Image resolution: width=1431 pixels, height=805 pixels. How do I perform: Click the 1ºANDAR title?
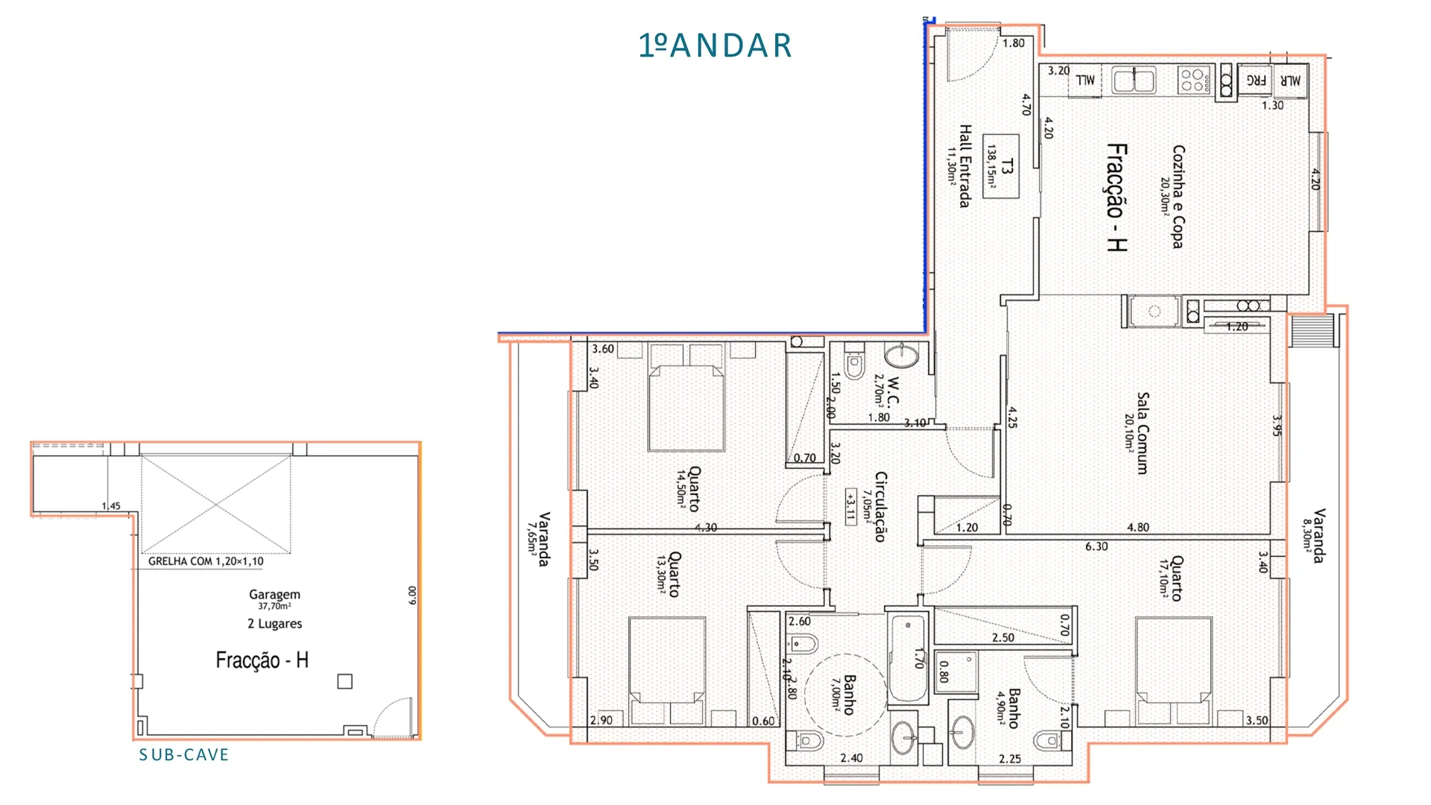pyautogui.click(x=715, y=45)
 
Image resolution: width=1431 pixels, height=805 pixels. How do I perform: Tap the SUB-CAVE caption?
pyautogui.click(x=184, y=755)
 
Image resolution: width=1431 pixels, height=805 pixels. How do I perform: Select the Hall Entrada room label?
pyautogui.click(x=965, y=166)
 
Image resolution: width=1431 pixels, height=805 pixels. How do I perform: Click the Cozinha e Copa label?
pyautogui.click(x=1178, y=197)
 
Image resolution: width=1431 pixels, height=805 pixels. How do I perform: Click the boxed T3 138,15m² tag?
pyautogui.click(x=1001, y=166)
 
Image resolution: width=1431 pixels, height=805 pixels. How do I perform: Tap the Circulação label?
pyautogui.click(x=880, y=506)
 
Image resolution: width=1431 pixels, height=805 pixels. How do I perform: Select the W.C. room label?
pyautogui.click(x=894, y=391)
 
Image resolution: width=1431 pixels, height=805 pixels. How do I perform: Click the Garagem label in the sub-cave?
pyautogui.click(x=274, y=594)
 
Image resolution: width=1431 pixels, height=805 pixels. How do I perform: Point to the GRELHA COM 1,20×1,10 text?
pyautogui.click(x=206, y=561)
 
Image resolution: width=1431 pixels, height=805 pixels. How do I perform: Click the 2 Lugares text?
pyautogui.click(x=275, y=623)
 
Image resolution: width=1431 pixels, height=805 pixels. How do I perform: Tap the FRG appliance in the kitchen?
pyautogui.click(x=1257, y=80)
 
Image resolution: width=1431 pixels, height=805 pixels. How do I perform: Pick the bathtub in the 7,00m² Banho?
pyautogui.click(x=907, y=658)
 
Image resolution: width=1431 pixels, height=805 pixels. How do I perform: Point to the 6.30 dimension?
pyautogui.click(x=1096, y=546)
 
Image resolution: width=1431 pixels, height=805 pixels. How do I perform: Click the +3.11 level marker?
pyautogui.click(x=850, y=507)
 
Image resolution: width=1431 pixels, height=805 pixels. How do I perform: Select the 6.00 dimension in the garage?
pyautogui.click(x=412, y=595)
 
